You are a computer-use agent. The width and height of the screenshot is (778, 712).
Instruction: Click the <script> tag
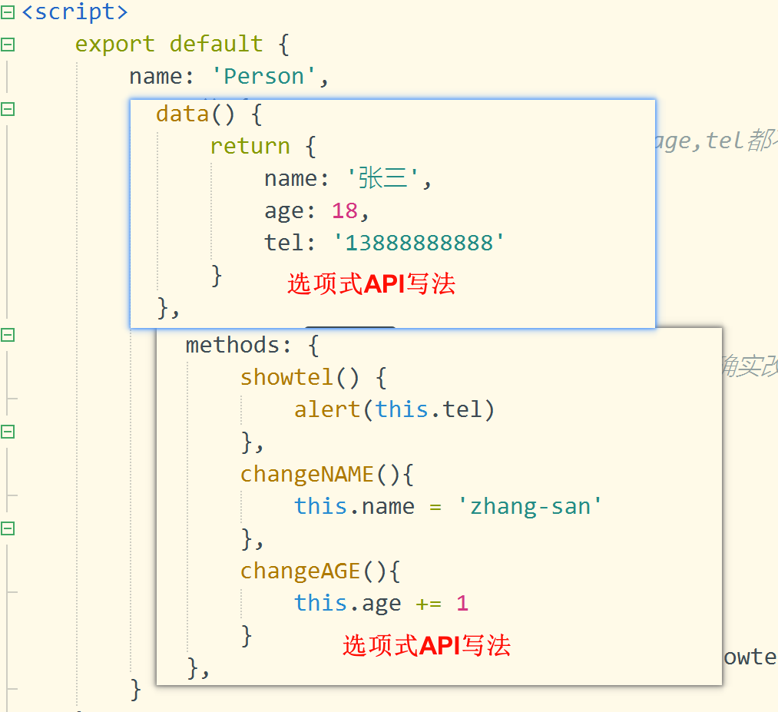pyautogui.click(x=74, y=12)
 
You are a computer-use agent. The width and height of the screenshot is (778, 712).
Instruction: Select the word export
pyautogui.click(x=114, y=44)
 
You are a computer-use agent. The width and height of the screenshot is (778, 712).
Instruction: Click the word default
pyautogui.click(x=216, y=44)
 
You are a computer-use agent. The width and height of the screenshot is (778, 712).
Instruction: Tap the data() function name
pyautogui.click(x=182, y=114)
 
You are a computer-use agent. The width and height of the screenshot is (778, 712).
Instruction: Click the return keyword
pyautogui.click(x=250, y=147)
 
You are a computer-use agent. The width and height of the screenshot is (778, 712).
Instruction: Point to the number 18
pyautogui.click(x=345, y=211)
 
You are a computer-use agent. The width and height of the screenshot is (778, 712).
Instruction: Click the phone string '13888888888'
pyautogui.click(x=419, y=243)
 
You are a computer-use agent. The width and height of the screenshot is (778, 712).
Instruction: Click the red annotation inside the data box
pyautogui.click(x=371, y=284)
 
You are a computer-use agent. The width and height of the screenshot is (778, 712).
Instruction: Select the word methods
pyautogui.click(x=233, y=345)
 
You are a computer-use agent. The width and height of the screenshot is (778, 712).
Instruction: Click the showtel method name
pyautogui.click(x=286, y=377)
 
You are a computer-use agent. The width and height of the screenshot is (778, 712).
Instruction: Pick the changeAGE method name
pyautogui.click(x=300, y=571)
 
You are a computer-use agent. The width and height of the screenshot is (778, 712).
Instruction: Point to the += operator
pyautogui.click(x=429, y=603)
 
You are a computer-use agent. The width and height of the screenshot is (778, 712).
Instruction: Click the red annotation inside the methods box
pyautogui.click(x=426, y=645)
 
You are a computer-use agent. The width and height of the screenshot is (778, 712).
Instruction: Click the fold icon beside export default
pyautogui.click(x=8, y=45)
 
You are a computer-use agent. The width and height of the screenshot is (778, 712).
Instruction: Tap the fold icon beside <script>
pyautogui.click(x=8, y=12)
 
